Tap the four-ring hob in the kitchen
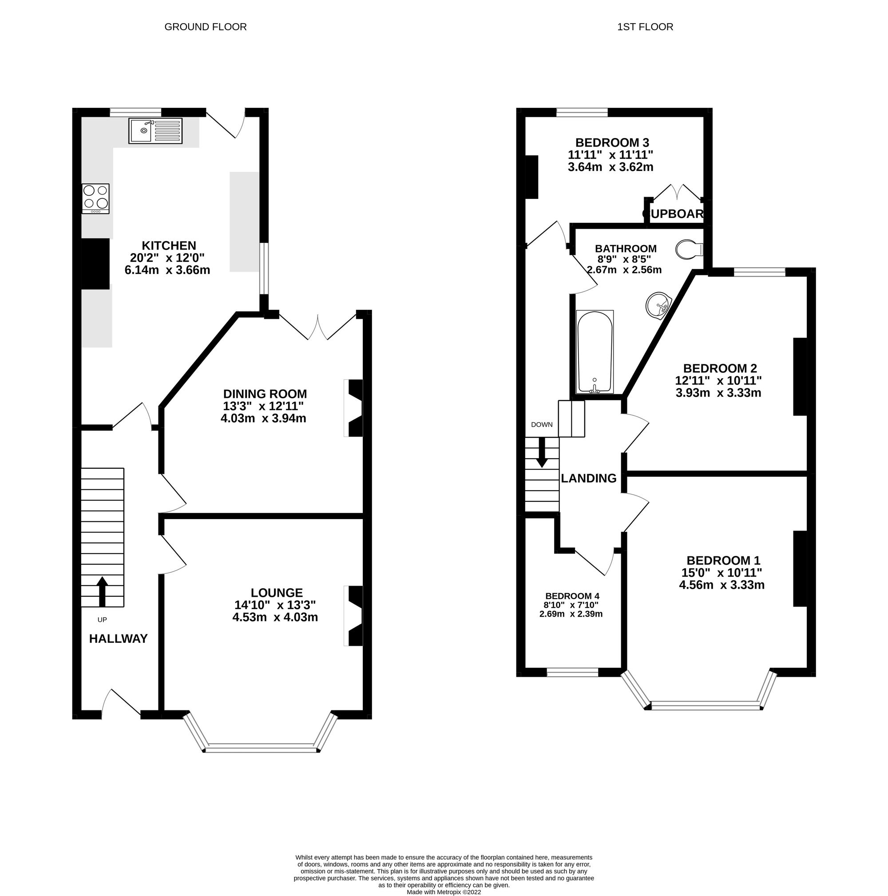click(95, 198)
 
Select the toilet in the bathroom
click(689, 250)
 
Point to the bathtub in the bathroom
click(594, 352)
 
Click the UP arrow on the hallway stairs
click(102, 592)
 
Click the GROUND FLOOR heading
click(206, 27)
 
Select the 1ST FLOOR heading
click(645, 27)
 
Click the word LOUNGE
click(276, 593)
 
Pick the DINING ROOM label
click(265, 394)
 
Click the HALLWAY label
click(118, 639)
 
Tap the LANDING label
click(588, 478)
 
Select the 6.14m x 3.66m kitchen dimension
click(167, 270)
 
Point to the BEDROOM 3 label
click(612, 143)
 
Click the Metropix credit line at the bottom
click(443, 892)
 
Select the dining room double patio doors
click(318, 326)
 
